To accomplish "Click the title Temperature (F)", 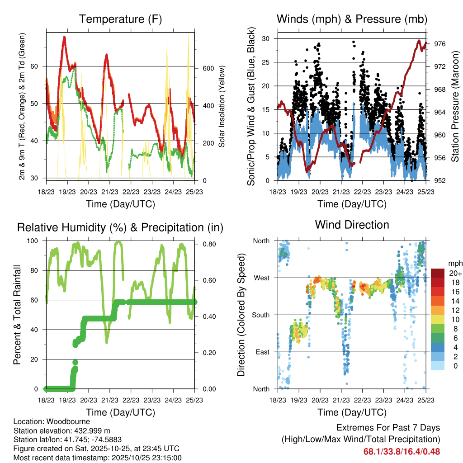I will coord(120,19).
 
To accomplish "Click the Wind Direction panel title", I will coord(352,225).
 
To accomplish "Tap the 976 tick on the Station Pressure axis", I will coord(440,44).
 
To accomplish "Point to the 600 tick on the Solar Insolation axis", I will coord(208,68).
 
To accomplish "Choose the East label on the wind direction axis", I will coord(262,352).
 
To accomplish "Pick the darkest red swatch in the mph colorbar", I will coord(438,273).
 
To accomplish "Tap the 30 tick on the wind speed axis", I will coord(266,38).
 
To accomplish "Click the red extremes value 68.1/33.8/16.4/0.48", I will coord(402,451).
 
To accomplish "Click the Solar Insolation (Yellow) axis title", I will coord(222,105).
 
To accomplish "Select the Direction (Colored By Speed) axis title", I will coord(241,315).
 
